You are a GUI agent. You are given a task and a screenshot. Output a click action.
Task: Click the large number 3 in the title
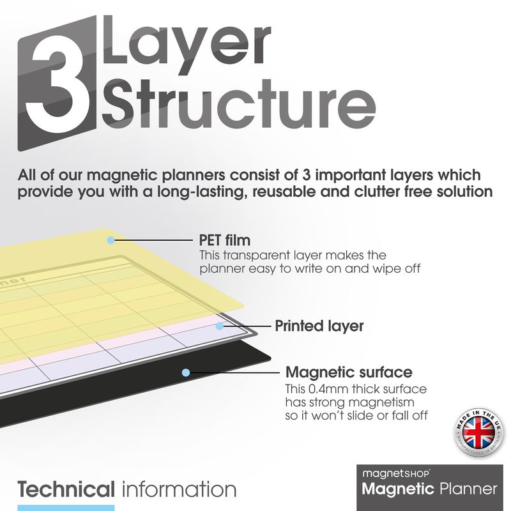click(x=61, y=83)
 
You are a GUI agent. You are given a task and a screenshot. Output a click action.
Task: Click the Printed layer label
click(x=319, y=326)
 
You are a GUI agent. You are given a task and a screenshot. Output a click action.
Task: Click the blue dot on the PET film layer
click(x=111, y=240)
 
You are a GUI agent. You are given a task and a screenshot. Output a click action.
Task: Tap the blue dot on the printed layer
click(x=220, y=326)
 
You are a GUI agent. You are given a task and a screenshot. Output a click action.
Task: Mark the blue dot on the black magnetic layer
click(x=185, y=372)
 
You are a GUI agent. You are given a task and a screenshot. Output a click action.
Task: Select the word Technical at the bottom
click(x=66, y=491)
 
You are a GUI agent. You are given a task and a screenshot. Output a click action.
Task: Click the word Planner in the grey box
click(x=468, y=490)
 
